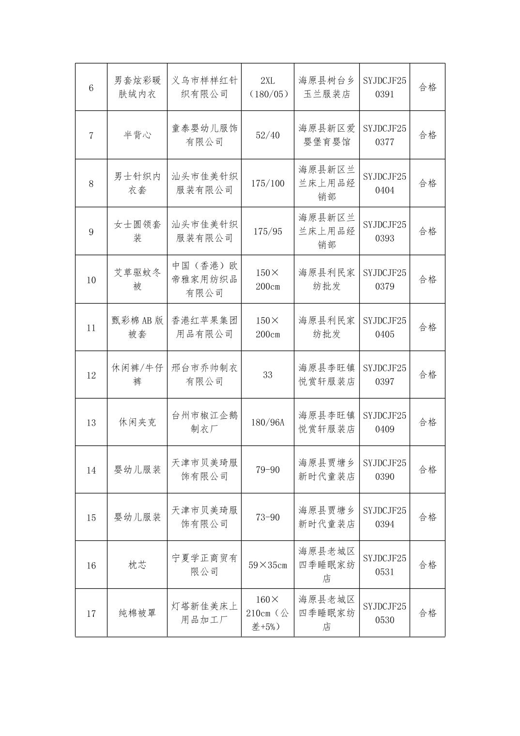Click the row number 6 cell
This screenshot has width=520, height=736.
point(91,88)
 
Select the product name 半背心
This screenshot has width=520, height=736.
point(138,135)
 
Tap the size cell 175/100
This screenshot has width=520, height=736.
point(268,184)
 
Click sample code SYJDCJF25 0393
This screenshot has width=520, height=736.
point(384,231)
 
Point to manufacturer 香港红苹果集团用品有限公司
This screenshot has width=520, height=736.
point(204,327)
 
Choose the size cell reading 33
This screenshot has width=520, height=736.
point(268,375)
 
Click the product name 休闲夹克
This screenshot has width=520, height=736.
point(138,422)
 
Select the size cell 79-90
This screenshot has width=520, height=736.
point(268,470)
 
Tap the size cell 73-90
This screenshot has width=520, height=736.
point(268,517)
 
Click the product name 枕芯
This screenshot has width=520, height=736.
point(138,565)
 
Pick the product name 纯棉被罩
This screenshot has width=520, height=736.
point(138,613)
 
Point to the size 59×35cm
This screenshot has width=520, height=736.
point(268,565)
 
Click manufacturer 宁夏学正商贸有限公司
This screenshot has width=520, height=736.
point(204,565)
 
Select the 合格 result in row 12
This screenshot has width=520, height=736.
point(428,375)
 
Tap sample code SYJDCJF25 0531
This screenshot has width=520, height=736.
point(384,565)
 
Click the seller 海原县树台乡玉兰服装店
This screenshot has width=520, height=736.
point(327,88)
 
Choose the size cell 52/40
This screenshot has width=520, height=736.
point(268,135)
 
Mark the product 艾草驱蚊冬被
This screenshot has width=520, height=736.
point(138,279)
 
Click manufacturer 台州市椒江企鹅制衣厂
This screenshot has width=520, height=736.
point(204,422)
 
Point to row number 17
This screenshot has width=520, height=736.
point(91,613)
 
